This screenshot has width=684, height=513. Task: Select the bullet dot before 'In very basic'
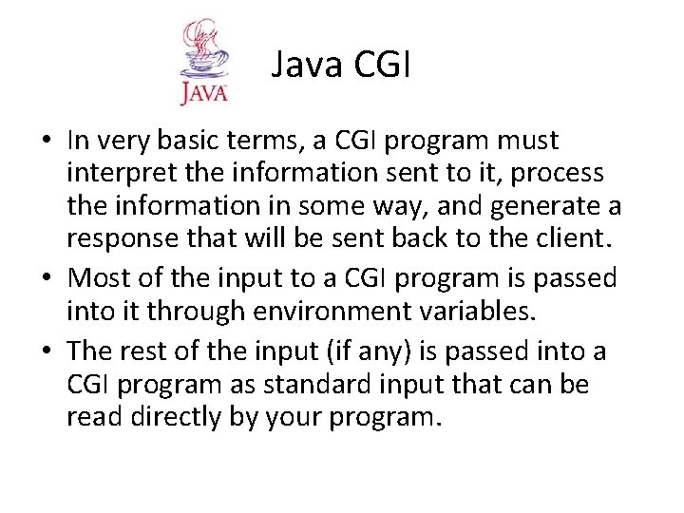point(47,142)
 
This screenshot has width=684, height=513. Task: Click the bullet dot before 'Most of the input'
point(47,279)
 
